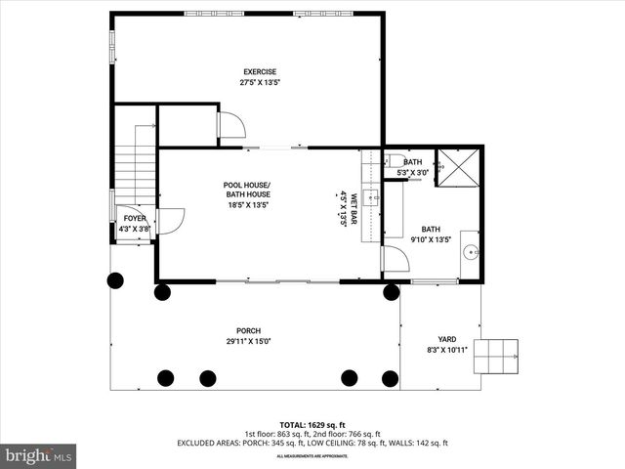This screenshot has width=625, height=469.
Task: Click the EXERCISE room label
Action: pyautogui.click(x=260, y=71)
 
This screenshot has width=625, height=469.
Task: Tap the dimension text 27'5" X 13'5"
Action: pyautogui.click(x=260, y=83)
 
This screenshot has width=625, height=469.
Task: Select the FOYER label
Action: pyautogui.click(x=134, y=218)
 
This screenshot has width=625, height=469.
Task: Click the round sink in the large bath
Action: pyautogui.click(x=470, y=250)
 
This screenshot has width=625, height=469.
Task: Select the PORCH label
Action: pyautogui.click(x=248, y=330)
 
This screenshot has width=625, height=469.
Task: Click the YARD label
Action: pyautogui.click(x=447, y=338)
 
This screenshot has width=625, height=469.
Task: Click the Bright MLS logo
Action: pyautogui.click(x=39, y=455)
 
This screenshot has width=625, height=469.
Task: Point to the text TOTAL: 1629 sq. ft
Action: pyautogui.click(x=312, y=425)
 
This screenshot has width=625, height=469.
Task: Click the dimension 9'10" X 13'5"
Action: pyautogui.click(x=431, y=239)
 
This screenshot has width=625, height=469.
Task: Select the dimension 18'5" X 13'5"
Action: pyautogui.click(x=247, y=205)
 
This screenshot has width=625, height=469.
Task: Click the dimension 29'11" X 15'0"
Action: pyautogui.click(x=248, y=342)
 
